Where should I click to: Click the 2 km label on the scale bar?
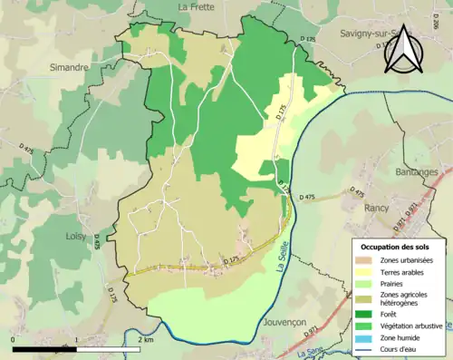pyautogui.click(x=145, y=339)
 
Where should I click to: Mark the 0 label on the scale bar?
pyautogui.click(x=14, y=339)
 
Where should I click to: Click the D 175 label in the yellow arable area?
pyautogui.click(x=278, y=112)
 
